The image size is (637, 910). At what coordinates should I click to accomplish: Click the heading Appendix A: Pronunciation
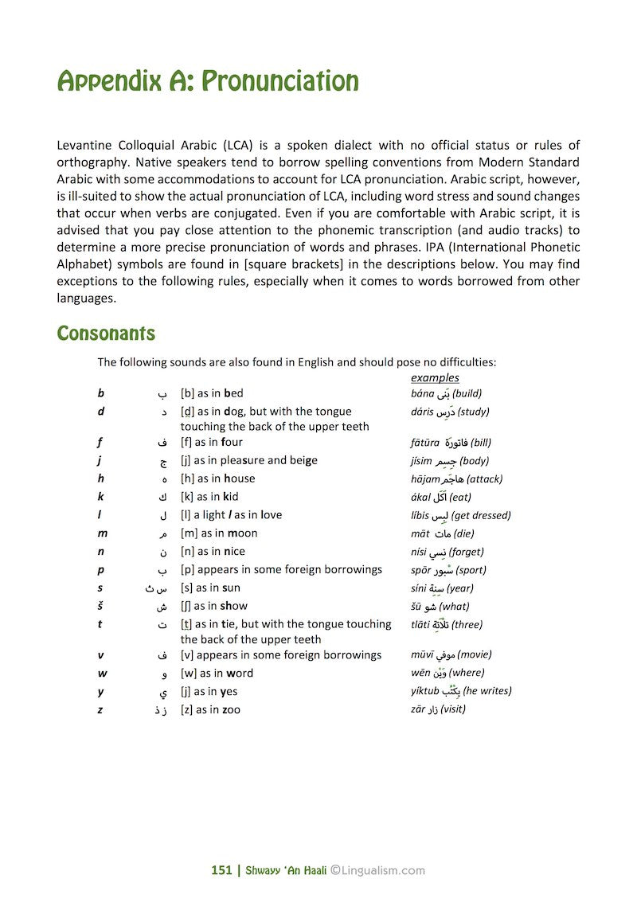click(x=208, y=81)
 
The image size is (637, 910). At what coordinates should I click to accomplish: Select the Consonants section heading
click(x=106, y=333)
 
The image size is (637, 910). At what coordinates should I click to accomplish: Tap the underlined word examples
click(x=435, y=377)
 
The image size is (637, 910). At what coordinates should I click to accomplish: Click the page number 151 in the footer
click(x=221, y=870)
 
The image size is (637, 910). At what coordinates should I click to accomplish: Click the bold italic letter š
click(x=101, y=606)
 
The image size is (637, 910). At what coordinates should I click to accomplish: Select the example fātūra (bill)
click(x=451, y=442)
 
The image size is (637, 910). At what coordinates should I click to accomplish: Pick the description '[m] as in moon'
click(x=219, y=533)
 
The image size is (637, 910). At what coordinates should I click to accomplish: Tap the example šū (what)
click(x=440, y=607)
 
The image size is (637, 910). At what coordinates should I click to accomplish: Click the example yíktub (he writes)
click(x=461, y=691)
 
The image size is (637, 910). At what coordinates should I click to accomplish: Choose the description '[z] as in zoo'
click(x=210, y=709)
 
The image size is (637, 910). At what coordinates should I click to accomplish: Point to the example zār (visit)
click(x=438, y=709)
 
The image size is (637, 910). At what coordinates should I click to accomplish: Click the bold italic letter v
click(x=100, y=654)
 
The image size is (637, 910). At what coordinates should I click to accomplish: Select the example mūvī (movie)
click(x=451, y=654)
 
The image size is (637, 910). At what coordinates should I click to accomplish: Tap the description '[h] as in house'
click(x=217, y=478)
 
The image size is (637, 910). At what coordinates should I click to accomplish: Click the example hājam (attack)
click(x=456, y=479)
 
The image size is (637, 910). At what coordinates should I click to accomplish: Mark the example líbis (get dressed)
click(x=461, y=515)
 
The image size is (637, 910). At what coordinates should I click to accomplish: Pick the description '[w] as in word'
click(x=217, y=673)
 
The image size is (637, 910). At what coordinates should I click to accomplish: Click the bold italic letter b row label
click(x=101, y=393)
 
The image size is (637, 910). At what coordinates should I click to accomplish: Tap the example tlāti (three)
click(x=447, y=625)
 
